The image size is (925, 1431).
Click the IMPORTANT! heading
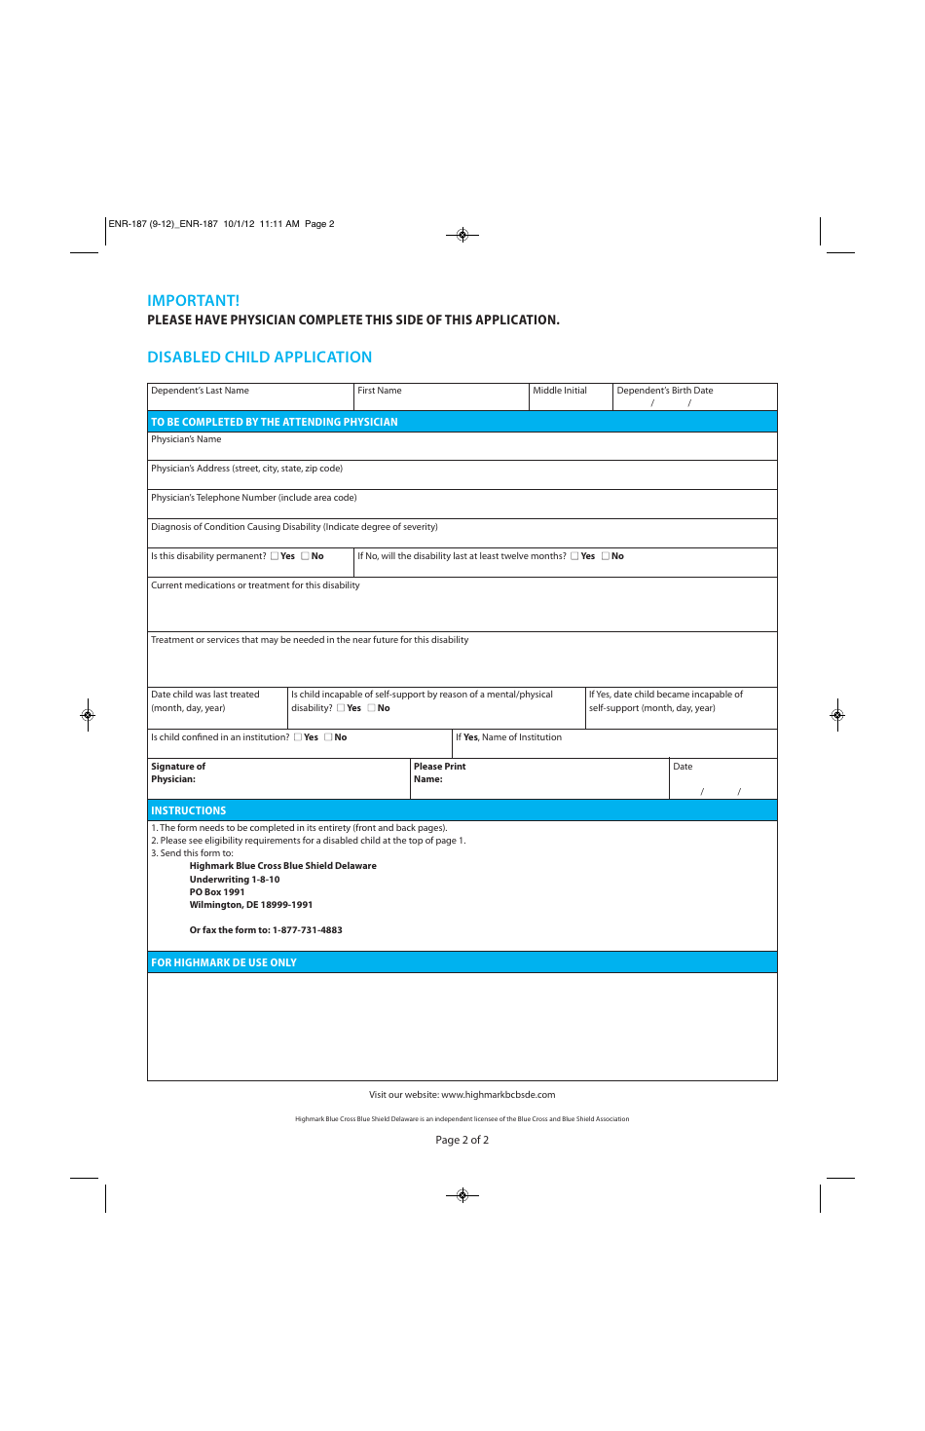[193, 301]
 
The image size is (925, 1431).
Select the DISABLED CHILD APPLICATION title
[259, 358]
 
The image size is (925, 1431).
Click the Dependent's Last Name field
[250, 400]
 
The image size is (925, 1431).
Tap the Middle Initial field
[571, 401]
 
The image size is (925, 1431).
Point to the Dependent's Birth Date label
[665, 391]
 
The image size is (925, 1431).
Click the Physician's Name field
[462, 449]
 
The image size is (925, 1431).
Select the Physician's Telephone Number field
[462, 508]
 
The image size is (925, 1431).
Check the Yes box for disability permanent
[275, 556]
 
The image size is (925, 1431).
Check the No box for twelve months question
[606, 556]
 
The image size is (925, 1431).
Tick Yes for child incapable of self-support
[341, 708]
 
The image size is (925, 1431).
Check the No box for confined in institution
[328, 737]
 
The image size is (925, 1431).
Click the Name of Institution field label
[508, 737]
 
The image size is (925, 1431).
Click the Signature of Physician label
[178, 772]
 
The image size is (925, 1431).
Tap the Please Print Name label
[439, 772]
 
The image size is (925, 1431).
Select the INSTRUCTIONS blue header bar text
[188, 810]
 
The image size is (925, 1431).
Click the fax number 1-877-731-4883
[307, 930]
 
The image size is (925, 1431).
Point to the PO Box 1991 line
[217, 892]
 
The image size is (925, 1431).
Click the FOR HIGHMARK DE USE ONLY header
[224, 962]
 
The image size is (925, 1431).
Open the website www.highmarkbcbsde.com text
[498, 1095]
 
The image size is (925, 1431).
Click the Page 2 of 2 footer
[462, 1140]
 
